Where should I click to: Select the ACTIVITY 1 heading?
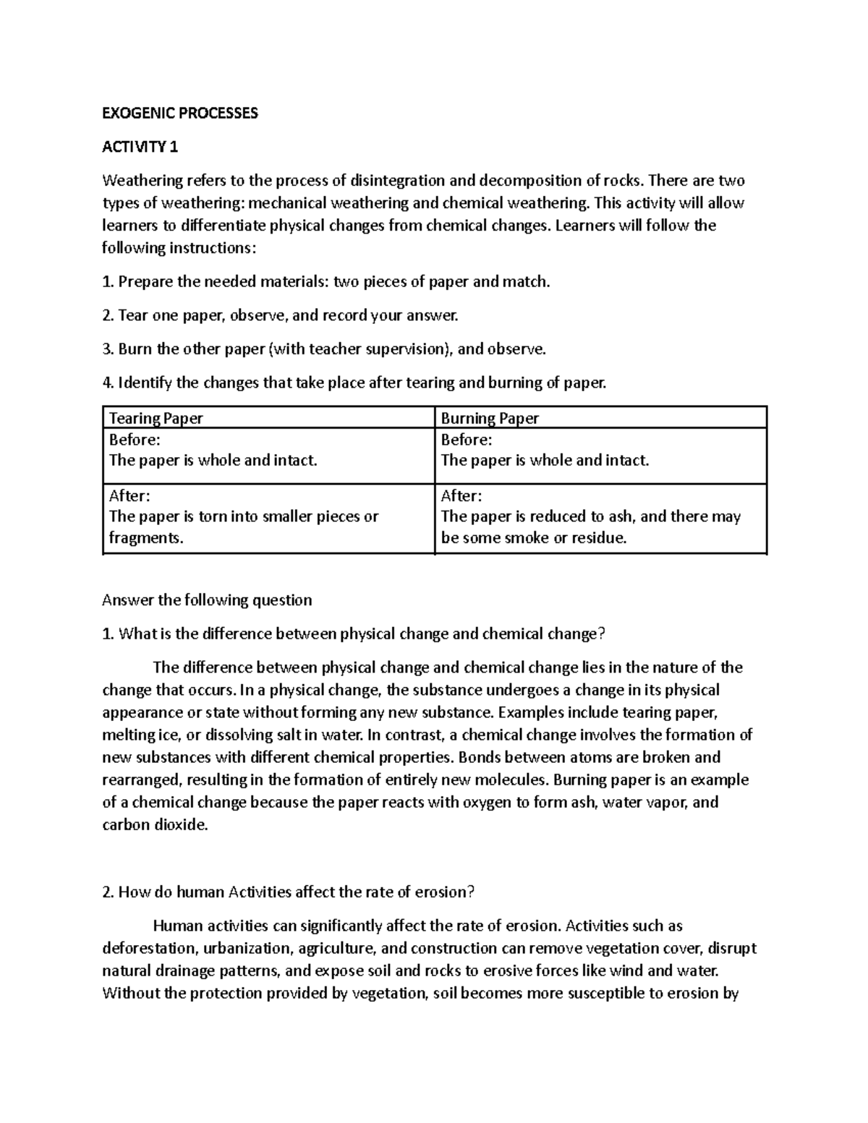140,148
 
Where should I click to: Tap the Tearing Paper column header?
156,418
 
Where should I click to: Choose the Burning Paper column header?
490,418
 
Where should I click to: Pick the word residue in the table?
597,538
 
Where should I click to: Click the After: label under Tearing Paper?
129,496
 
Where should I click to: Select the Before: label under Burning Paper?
466,440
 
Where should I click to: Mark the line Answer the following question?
207,600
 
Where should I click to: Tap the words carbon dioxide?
155,825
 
